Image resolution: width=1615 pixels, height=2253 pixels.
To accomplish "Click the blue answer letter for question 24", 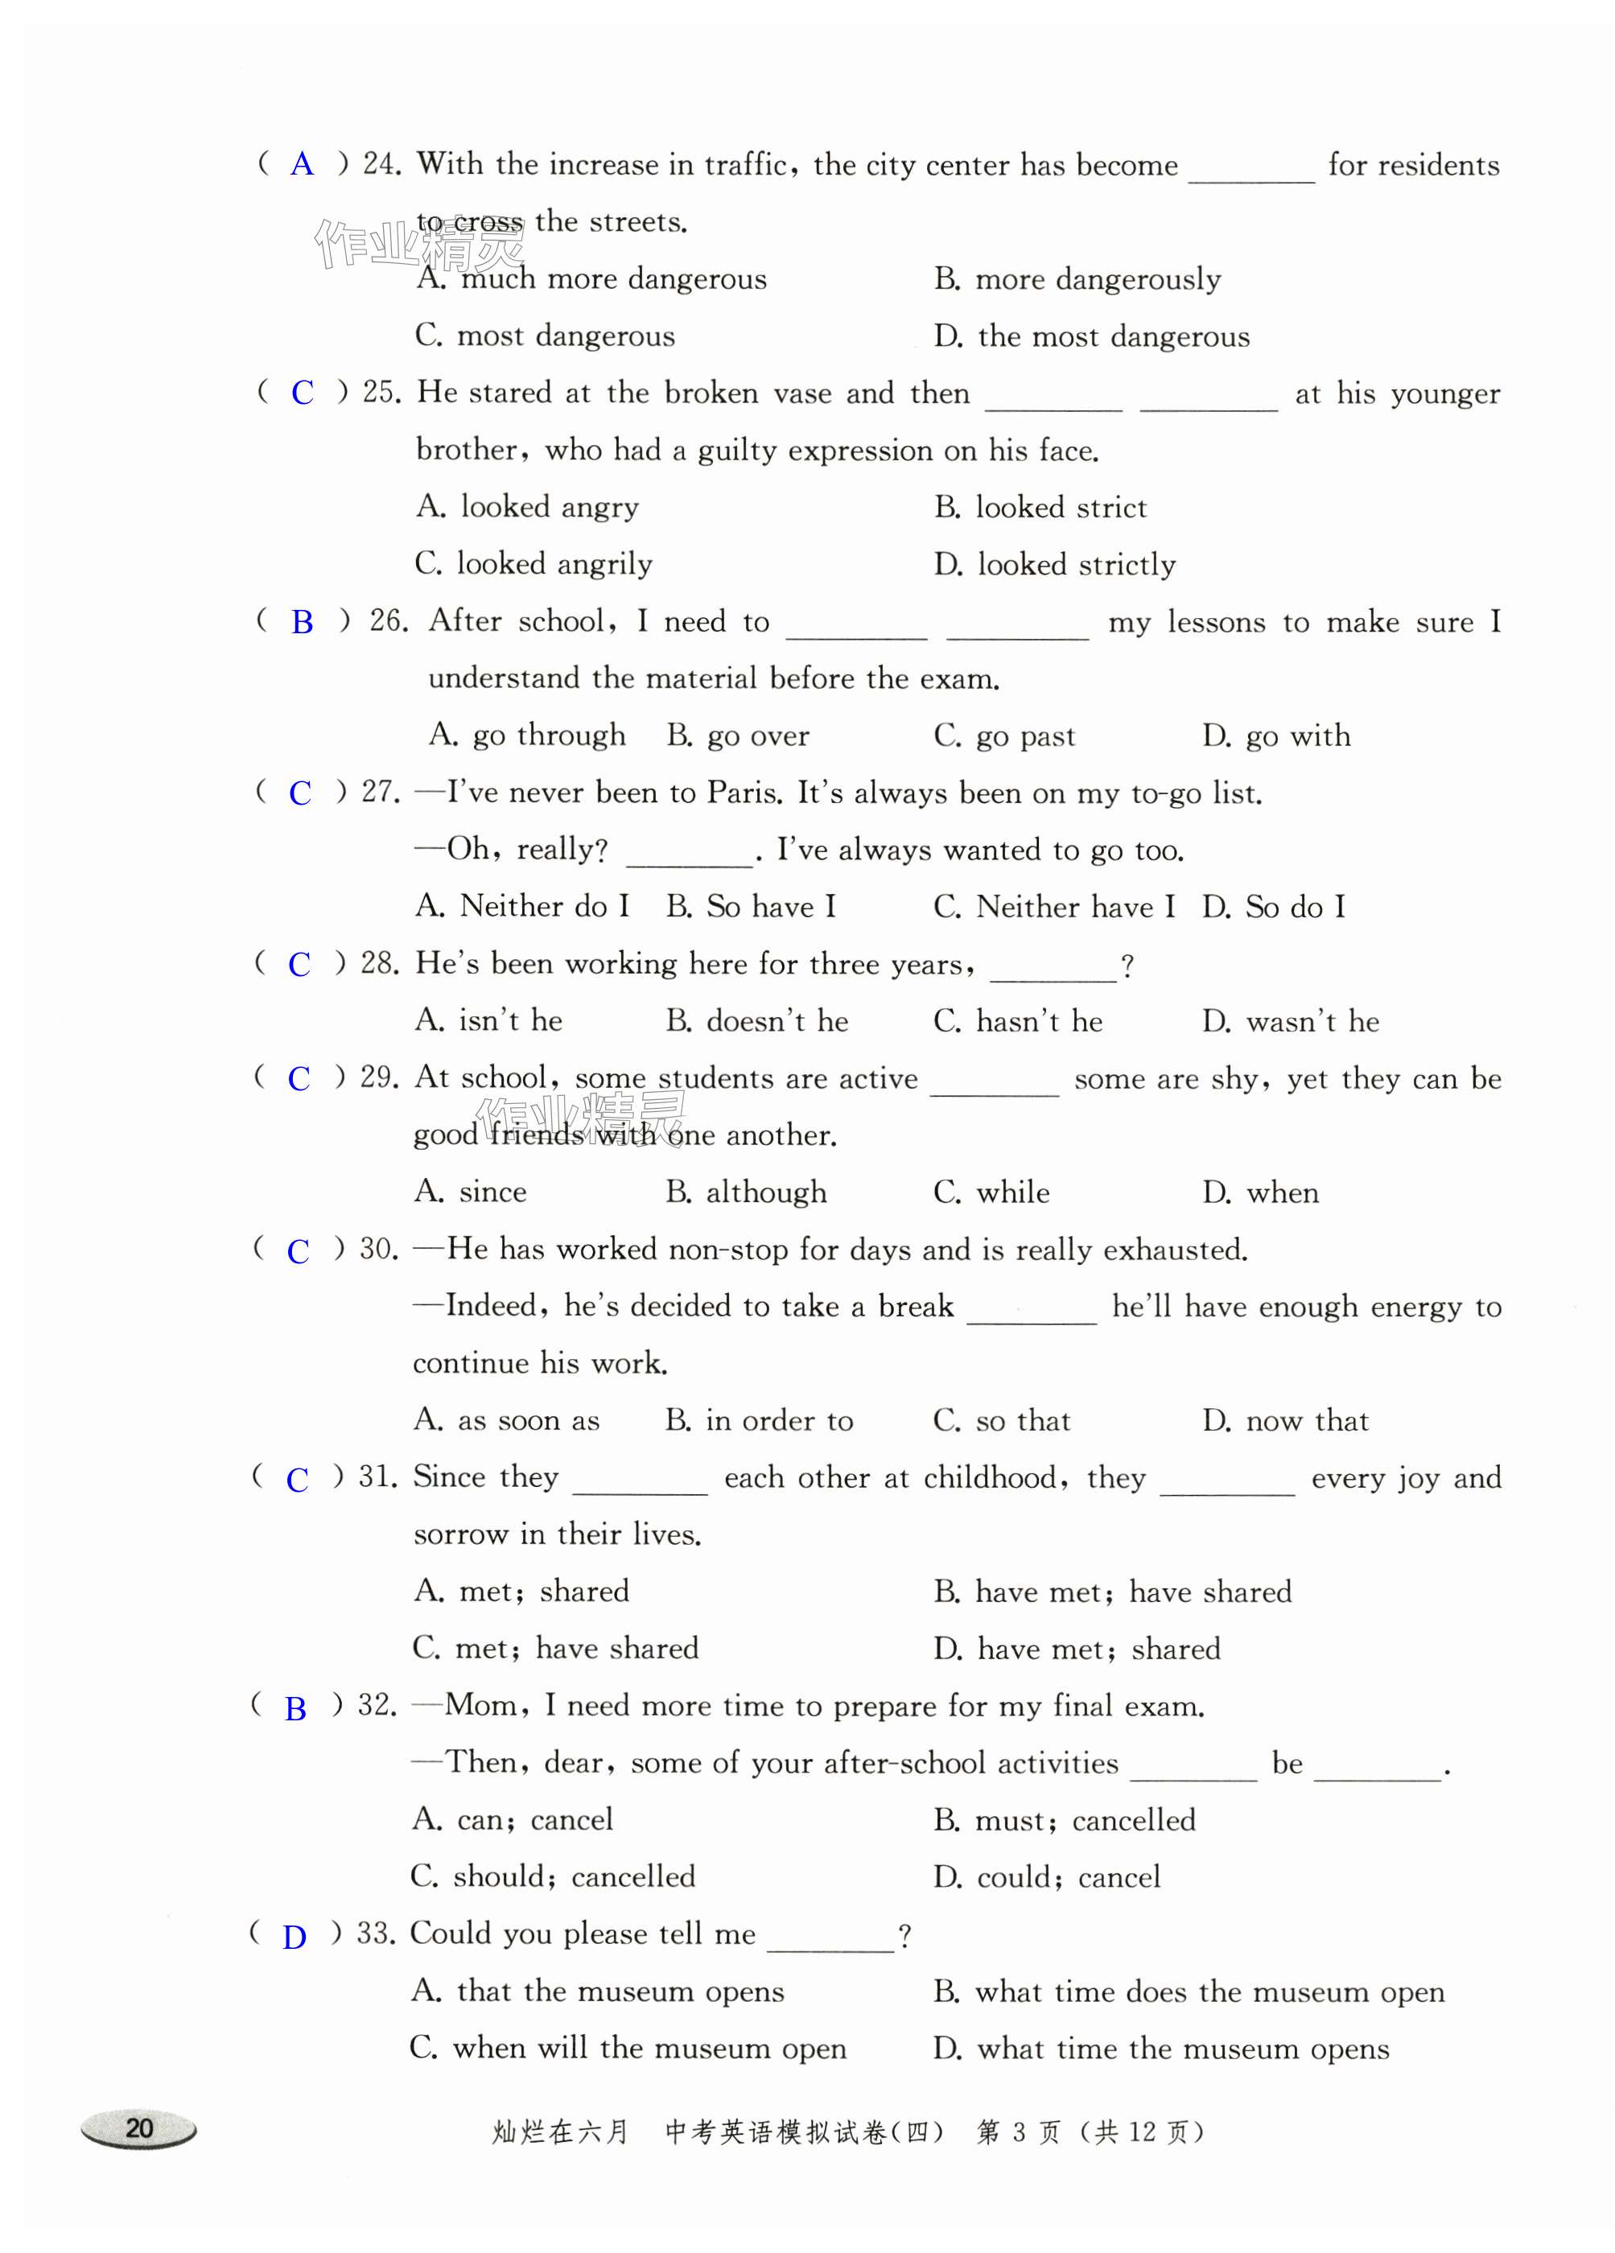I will pos(302,165).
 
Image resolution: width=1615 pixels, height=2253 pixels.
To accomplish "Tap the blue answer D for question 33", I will pos(294,1936).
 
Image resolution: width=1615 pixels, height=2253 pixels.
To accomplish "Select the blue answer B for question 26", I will pos(302,623).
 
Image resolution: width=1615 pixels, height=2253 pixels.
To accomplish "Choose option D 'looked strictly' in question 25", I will pos(1054,564).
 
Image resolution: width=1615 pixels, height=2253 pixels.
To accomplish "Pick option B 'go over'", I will pos(737,736).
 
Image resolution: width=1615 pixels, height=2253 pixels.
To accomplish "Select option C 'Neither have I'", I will pos(1053,907).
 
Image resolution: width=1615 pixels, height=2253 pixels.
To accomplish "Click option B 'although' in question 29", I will pos(745,1192).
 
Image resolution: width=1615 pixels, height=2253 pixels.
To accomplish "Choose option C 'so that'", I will pos(1001,1420).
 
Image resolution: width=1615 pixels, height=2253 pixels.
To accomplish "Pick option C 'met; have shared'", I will pos(555,1649).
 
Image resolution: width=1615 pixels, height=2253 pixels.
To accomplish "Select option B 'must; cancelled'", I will pos(1064,1820).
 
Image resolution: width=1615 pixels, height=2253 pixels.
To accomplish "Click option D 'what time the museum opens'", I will pos(1160,2049).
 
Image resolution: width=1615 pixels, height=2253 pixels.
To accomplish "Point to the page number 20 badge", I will pos(139,2127).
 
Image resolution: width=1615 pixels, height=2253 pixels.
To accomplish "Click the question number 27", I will pos(377,793).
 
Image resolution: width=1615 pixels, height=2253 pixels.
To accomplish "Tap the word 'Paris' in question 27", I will pos(737,793).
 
